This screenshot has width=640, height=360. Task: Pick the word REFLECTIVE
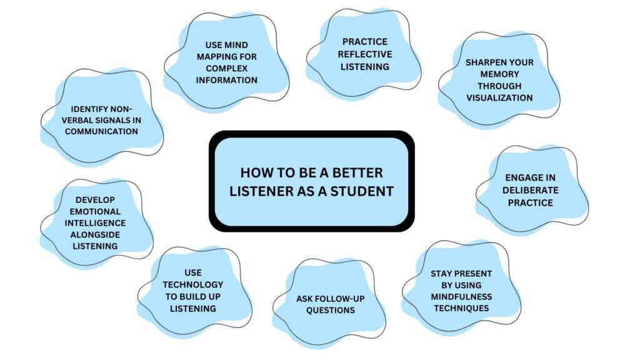[366, 54]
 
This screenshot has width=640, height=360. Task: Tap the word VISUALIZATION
[499, 97]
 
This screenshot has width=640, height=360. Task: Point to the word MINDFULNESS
[461, 296]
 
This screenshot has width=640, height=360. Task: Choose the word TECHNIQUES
[461, 308]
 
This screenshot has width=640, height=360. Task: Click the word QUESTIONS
[330, 310]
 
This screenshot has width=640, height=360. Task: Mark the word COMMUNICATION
[101, 131]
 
